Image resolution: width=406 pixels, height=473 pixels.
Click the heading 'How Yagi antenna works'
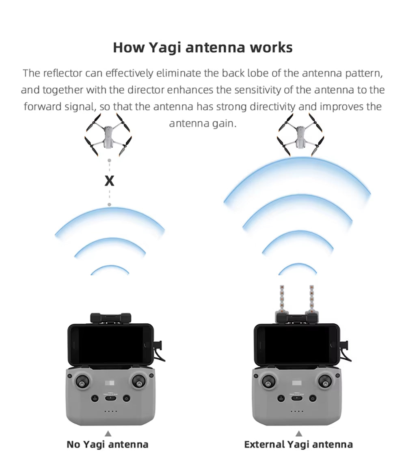click(203, 47)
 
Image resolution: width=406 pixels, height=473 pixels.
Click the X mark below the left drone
click(109, 181)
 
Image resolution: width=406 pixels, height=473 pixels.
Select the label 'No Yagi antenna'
click(108, 445)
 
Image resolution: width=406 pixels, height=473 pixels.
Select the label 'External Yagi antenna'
click(298, 445)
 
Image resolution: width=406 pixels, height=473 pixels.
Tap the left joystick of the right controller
click(268, 382)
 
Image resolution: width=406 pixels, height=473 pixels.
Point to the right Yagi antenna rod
click(313, 299)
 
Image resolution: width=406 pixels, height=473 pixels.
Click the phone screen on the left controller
click(110, 345)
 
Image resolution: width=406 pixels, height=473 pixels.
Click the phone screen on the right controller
click(297, 345)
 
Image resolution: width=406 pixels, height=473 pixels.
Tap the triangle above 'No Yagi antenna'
click(108, 434)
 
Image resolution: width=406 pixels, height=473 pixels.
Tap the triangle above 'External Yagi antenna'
click(299, 434)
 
